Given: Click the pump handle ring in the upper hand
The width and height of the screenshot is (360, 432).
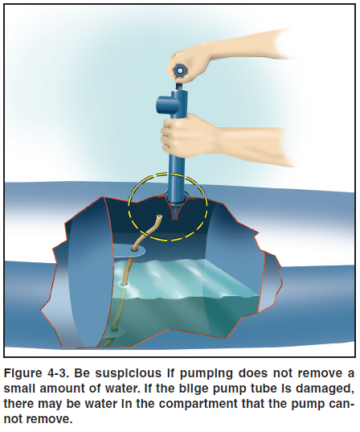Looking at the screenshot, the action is (x=179, y=71).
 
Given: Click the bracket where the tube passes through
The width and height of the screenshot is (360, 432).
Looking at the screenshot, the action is (x=129, y=250).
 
